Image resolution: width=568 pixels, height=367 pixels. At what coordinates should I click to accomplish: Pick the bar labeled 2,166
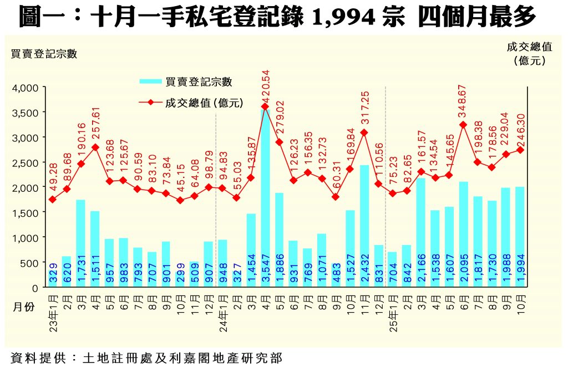pyautogui.click(x=420, y=232)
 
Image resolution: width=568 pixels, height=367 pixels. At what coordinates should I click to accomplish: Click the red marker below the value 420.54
pyautogui.click(x=265, y=106)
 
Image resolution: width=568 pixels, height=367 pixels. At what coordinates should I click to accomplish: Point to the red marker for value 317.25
pyautogui.click(x=364, y=132)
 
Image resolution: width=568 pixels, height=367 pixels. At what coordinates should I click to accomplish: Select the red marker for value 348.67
pyautogui.click(x=463, y=125)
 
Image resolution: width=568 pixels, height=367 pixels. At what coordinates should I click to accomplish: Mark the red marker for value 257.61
pyautogui.click(x=95, y=147)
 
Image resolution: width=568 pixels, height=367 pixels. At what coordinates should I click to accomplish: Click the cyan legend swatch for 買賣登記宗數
pyautogui.click(x=150, y=81)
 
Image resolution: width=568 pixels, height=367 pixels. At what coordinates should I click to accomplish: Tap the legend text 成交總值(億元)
pyautogui.click(x=204, y=103)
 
